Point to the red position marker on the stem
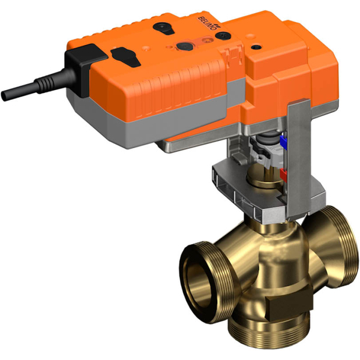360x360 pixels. coord(284,174)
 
